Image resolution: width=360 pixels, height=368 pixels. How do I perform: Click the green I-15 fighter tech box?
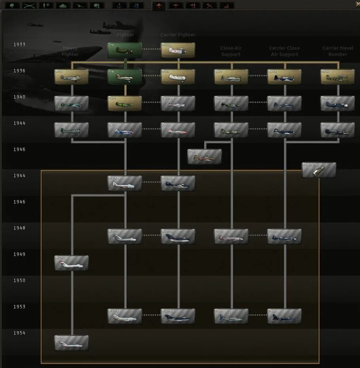coord(125,50)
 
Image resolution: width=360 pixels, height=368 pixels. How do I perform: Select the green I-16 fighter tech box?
coord(125,77)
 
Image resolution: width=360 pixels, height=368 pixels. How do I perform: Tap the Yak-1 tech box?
coord(125,103)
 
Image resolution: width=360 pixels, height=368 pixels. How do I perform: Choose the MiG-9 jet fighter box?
coord(125,183)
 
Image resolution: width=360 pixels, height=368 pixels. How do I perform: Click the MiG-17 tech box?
coord(71,263)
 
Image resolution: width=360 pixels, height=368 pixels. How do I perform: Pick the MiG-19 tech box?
coord(125,316)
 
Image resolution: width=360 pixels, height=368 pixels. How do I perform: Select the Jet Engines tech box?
coord(319,170)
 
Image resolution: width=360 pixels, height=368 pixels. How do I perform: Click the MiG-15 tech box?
coord(125,236)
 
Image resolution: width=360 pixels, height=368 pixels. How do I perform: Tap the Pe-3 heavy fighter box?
coord(71,103)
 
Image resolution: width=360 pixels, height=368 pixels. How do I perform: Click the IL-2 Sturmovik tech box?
coord(231,103)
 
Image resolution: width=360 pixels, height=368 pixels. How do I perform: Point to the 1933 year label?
coord(19,44)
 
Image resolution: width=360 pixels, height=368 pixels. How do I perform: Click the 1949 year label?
coord(19,254)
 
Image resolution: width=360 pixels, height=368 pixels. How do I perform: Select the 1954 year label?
coord(19,333)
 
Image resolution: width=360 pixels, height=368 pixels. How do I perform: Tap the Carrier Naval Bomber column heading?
coord(337,51)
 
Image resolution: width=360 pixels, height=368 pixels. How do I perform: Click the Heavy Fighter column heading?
coord(70,51)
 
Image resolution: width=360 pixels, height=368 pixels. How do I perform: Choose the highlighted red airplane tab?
coord(159,6)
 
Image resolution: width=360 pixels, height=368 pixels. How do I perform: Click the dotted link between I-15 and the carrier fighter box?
coord(151,49)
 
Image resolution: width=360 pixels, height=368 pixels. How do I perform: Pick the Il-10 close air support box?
coord(231,130)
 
